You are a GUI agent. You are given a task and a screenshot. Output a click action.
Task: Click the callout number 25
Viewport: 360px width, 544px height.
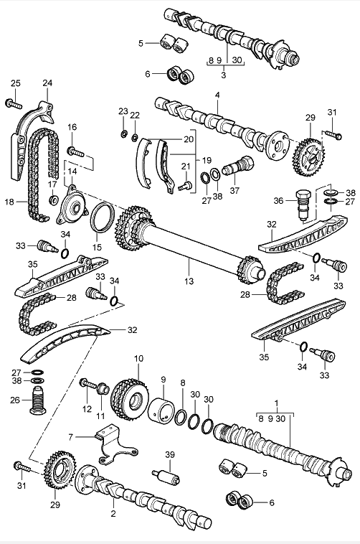16,83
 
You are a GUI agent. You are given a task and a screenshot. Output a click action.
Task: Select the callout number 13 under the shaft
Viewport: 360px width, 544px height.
189,281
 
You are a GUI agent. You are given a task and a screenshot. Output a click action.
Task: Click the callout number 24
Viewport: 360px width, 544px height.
47,83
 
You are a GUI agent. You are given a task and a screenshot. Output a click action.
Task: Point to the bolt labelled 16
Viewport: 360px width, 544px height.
75,151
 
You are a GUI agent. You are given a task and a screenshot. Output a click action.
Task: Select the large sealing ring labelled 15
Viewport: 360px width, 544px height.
102,217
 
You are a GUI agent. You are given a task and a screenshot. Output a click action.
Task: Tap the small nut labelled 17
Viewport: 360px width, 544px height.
53,200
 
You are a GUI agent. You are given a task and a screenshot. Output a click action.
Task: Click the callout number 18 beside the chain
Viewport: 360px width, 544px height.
10,202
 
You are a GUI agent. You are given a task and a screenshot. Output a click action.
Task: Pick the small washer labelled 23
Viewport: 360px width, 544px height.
123,133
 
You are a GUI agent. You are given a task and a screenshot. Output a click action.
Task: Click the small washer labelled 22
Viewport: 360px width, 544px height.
135,138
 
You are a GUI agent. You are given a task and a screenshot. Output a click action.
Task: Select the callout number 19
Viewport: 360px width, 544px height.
207,160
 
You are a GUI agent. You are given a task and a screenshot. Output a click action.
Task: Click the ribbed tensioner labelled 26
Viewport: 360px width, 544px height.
37,399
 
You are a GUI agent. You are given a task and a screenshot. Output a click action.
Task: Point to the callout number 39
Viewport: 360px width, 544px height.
170,454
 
